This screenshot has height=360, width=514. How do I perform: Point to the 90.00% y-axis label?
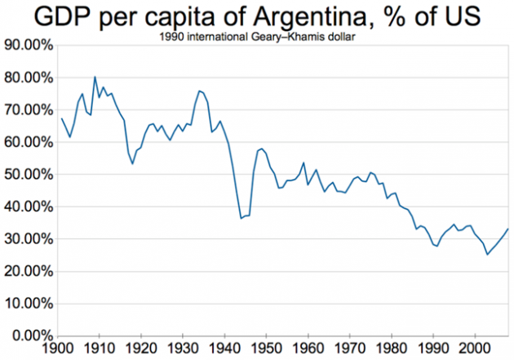coord(29,46)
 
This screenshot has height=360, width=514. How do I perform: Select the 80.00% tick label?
coord(29,78)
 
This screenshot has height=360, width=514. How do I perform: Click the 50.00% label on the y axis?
coord(29,175)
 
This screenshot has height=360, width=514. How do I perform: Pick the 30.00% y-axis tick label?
coord(29,239)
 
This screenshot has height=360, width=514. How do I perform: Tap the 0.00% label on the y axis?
coord(32,336)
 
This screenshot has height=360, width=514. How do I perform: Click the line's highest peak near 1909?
coord(95,77)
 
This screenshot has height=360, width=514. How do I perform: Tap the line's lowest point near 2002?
coord(488,255)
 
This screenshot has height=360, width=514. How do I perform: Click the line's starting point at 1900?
coord(62,119)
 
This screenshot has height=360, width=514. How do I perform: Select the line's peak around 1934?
coord(199,91)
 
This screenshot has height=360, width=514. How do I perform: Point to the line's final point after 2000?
coord(507,229)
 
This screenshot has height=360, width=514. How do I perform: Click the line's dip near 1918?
coord(133,164)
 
